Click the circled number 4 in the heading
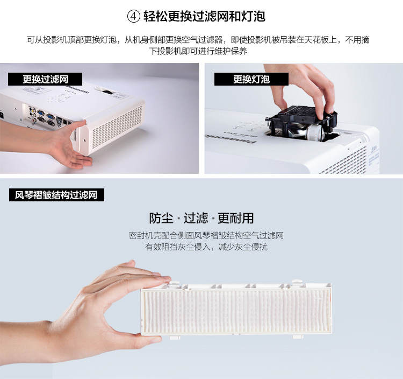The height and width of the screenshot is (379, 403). [134, 17]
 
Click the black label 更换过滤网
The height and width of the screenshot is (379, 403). [45, 79]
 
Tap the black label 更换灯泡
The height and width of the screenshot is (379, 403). [251, 79]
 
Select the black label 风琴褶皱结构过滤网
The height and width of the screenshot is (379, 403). [56, 195]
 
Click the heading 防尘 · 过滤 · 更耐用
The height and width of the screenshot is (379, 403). [201, 218]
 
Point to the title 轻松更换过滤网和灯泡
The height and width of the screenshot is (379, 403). [204, 17]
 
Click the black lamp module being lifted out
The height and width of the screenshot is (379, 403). [301, 123]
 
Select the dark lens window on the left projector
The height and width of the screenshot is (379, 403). [107, 92]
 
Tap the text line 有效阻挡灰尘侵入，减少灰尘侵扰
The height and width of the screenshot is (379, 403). [206, 247]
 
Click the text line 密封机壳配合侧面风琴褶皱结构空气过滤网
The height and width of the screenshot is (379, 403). [206, 235]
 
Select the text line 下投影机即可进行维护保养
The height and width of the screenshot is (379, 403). [198, 51]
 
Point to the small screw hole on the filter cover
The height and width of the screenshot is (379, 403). [84, 141]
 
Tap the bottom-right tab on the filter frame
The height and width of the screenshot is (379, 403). [298, 336]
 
